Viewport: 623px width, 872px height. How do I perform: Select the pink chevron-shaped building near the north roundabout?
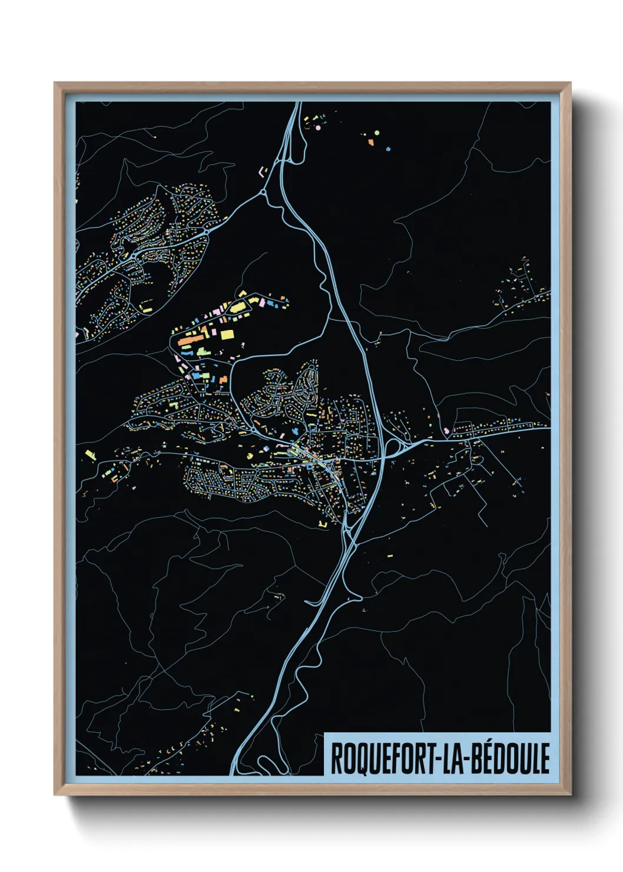pos(261,171)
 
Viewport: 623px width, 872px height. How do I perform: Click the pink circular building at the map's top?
pos(318,127)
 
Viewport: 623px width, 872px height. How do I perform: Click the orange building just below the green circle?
pos(371,141)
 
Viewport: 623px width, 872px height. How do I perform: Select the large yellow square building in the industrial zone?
pos(227,335)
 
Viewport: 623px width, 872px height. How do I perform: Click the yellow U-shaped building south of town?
pos(322,523)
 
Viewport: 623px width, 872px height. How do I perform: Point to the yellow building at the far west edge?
pos(90,454)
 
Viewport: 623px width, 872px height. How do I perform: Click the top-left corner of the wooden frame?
pos(55,83)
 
